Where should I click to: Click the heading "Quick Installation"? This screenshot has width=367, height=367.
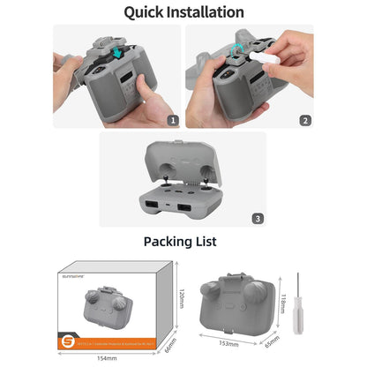pyautogui.click(x=183, y=12)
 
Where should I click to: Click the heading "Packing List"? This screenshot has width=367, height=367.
pyautogui.click(x=183, y=241)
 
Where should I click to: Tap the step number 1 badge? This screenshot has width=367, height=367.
pyautogui.click(x=172, y=120)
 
